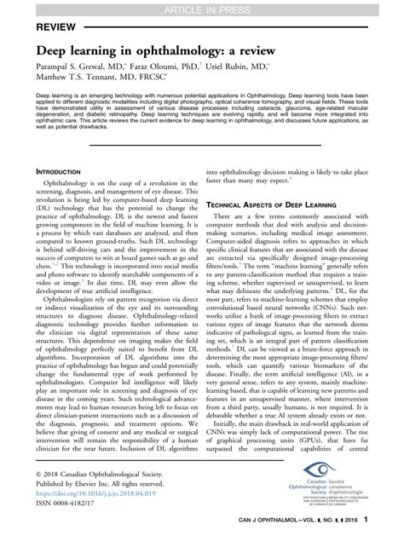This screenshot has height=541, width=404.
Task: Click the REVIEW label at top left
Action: (29, 27)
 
